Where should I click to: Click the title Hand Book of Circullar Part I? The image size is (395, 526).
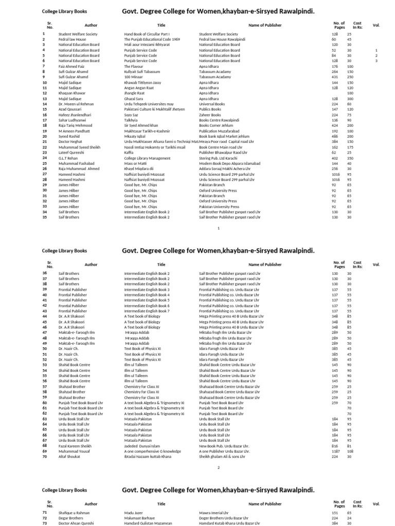(147, 34)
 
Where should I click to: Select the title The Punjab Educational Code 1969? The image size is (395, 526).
(152, 39)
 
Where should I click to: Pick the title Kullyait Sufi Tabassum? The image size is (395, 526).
(145, 72)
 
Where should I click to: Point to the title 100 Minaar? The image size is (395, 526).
(133, 77)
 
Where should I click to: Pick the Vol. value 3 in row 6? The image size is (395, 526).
(376, 61)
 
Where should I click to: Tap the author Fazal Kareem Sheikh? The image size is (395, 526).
(75, 446)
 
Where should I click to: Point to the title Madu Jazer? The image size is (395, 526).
(134, 513)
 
